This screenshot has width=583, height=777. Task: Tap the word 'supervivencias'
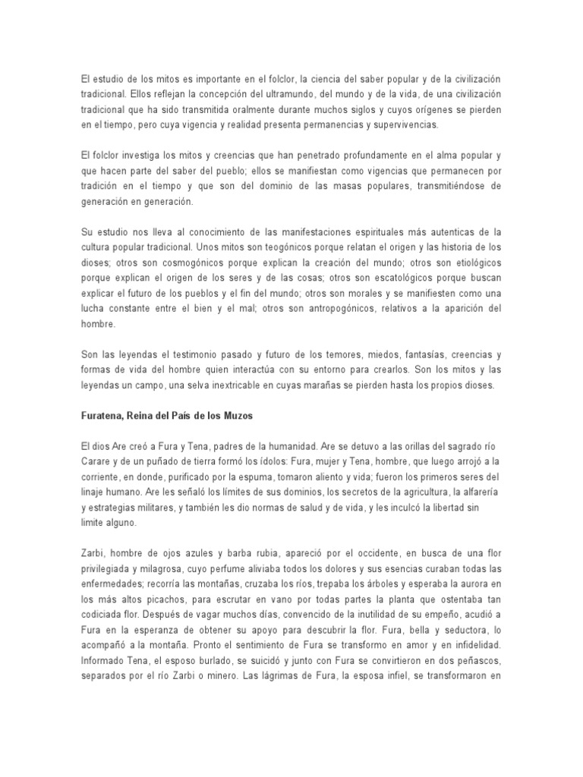(x=411, y=125)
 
